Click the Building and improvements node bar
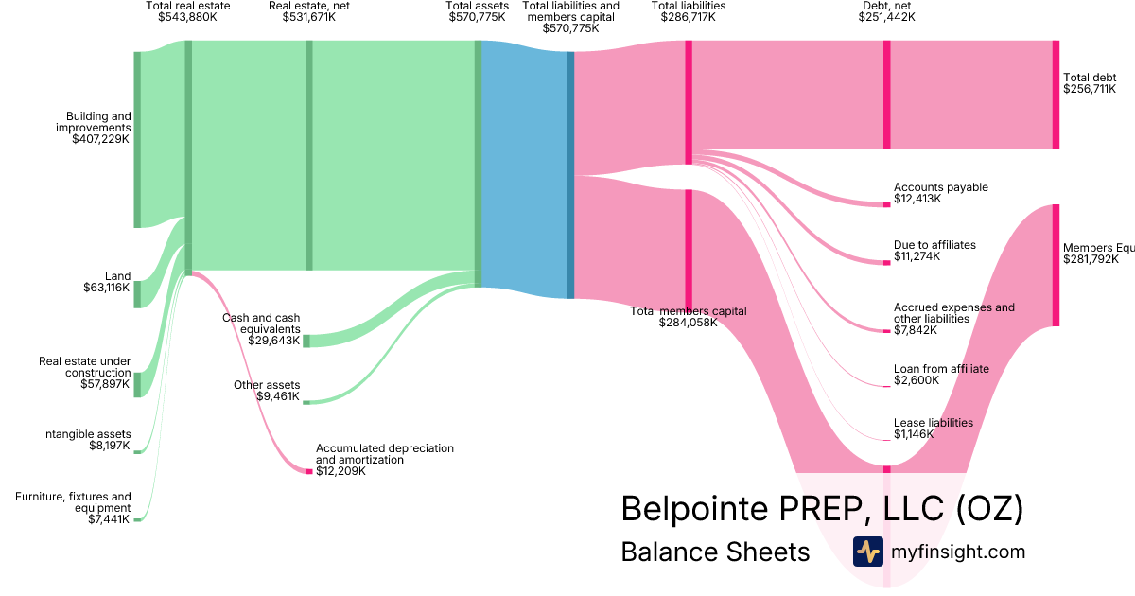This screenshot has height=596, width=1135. (x=137, y=140)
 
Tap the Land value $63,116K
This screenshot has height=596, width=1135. (x=106, y=288)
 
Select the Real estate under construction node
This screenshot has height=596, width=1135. (x=137, y=384)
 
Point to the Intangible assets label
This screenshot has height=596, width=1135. (x=86, y=434)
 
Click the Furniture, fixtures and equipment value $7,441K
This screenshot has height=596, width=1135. (x=110, y=519)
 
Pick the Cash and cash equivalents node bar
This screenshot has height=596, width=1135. (x=306, y=341)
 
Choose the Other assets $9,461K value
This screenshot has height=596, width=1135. (x=278, y=395)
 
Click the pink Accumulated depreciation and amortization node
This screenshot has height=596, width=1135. (x=308, y=471)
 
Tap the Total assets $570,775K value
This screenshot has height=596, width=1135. (x=478, y=17)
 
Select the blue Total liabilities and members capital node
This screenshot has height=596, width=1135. (x=570, y=175)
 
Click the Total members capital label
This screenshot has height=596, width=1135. (x=689, y=310)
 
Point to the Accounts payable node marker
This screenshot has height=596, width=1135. (x=886, y=203)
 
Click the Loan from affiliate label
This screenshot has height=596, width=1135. (x=941, y=369)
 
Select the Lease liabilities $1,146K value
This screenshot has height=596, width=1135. (x=914, y=434)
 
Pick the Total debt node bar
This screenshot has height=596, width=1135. (x=1056, y=95)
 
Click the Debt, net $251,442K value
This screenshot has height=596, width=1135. (x=886, y=17)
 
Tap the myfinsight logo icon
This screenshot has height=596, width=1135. (x=867, y=552)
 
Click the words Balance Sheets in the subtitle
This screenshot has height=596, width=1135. (x=715, y=552)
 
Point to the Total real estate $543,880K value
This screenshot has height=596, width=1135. (x=188, y=17)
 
